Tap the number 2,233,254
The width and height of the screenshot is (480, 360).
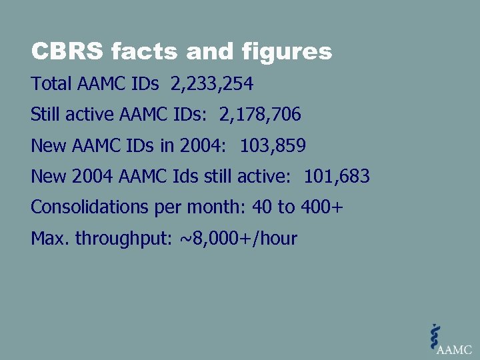212,85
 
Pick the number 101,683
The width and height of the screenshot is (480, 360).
337,177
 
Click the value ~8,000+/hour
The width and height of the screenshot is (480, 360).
239,238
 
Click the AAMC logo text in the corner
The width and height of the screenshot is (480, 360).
454,349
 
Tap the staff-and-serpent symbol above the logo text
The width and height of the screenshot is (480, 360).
435,337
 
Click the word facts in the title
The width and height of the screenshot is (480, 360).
136,51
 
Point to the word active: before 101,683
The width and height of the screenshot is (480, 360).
270,177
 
